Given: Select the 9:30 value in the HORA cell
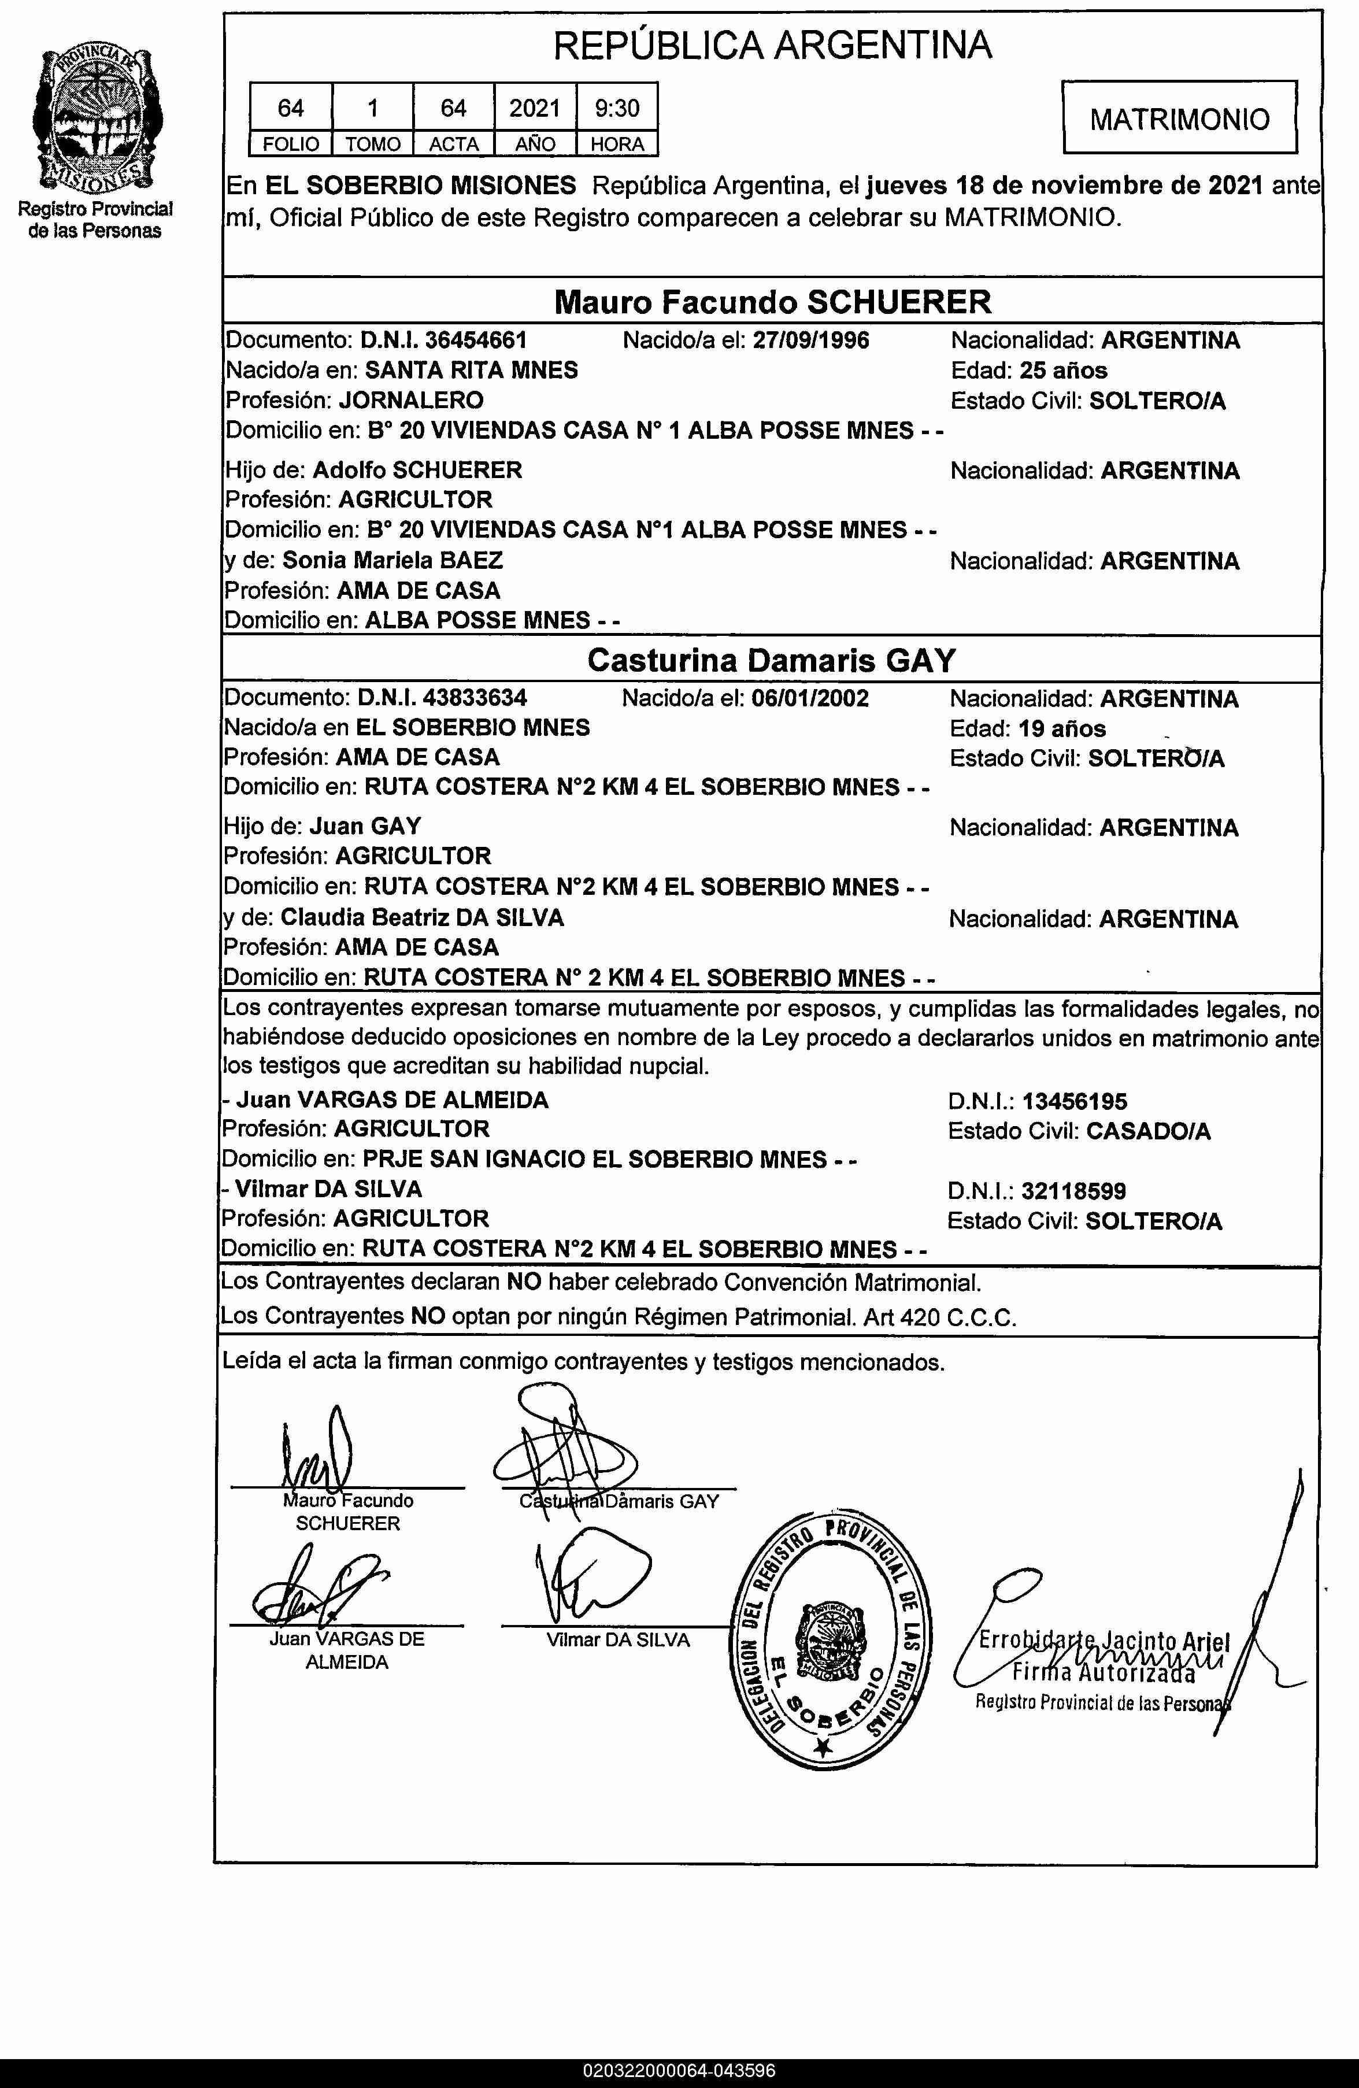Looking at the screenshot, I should pos(617,108).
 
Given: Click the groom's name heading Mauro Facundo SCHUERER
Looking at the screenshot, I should pos(772,302).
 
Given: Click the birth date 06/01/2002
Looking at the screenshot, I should pos(810,698).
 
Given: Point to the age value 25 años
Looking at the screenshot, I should pos(1064,370).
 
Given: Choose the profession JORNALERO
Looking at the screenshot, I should pos(410,401).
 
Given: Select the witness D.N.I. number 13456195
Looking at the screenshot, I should pos(1074,1101).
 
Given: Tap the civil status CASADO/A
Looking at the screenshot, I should pos(1147,1131).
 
